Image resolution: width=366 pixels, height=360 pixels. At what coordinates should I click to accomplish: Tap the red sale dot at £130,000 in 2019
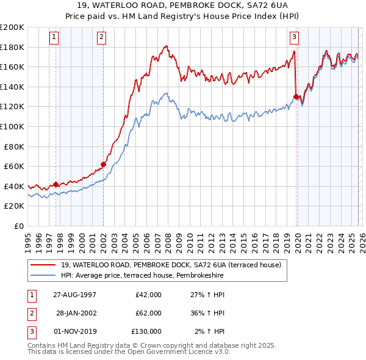point(296,96)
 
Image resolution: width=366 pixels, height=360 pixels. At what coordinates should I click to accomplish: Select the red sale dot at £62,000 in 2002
point(103,164)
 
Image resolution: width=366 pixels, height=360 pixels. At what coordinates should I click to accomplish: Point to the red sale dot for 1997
point(56,184)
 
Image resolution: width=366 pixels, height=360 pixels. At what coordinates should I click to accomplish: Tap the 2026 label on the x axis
point(361,239)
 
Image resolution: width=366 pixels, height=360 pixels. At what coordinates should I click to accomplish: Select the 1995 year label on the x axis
point(28,239)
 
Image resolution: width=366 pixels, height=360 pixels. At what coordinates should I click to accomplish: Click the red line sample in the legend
point(43,265)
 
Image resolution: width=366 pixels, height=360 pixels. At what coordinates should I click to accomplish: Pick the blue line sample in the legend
point(43,276)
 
